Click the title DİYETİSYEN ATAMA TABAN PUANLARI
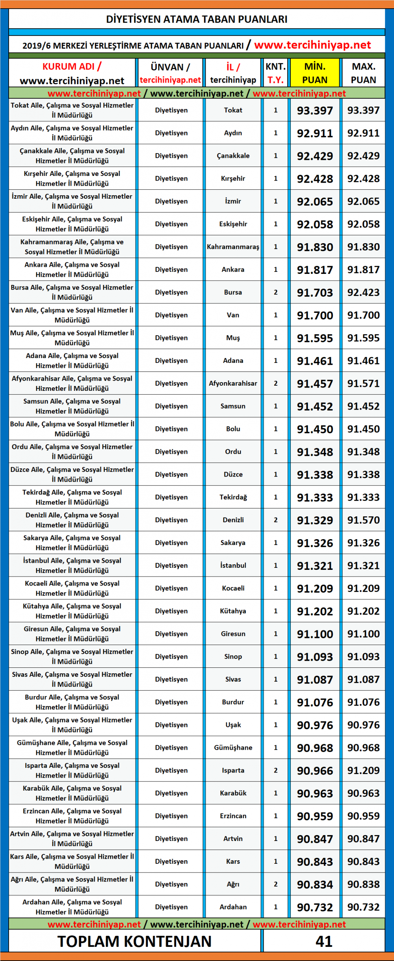(197, 19)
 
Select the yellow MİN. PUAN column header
(314, 73)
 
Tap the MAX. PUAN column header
(363, 73)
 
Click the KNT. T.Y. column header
(275, 73)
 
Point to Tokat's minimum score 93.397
(314, 111)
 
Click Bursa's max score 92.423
(363, 292)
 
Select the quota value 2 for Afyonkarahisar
(275, 383)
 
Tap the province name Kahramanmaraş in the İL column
(233, 247)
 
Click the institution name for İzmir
(72, 201)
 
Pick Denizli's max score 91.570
(363, 520)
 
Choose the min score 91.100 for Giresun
(314, 634)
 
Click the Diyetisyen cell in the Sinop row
(171, 656)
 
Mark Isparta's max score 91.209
(363, 770)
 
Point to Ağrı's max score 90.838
(363, 884)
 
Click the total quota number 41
(324, 941)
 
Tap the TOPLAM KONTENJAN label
(134, 941)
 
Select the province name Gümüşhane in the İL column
(233, 747)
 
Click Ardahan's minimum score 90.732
(314, 907)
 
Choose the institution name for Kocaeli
(72, 588)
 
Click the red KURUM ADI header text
(72, 67)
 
